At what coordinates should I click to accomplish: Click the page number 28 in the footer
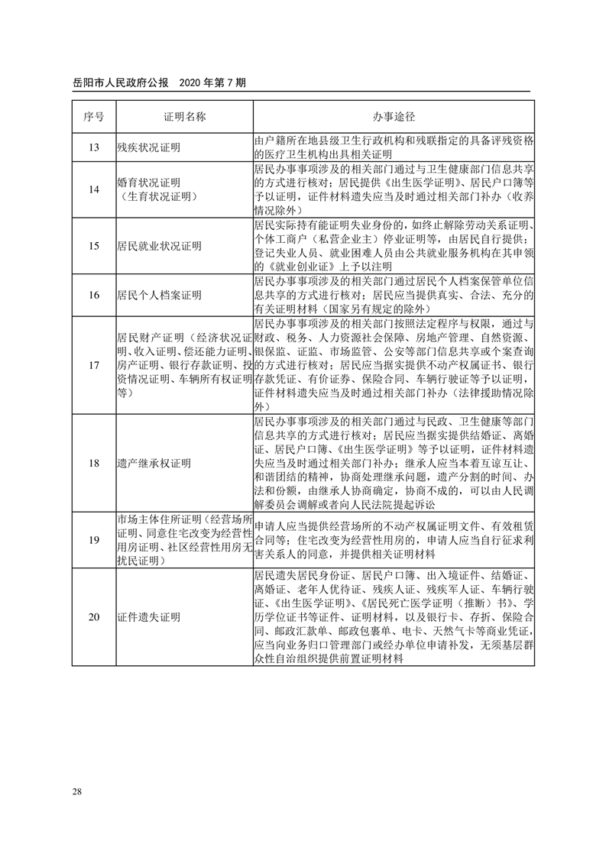point(77,789)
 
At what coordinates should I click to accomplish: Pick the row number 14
point(93,190)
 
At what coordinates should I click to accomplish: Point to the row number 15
point(93,246)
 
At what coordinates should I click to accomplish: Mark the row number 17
point(93,365)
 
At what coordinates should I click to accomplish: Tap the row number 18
point(93,463)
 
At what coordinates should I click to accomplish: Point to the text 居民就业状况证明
point(159,246)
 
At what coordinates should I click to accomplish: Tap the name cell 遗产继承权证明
point(154,463)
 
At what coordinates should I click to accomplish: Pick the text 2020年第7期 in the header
point(211,82)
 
